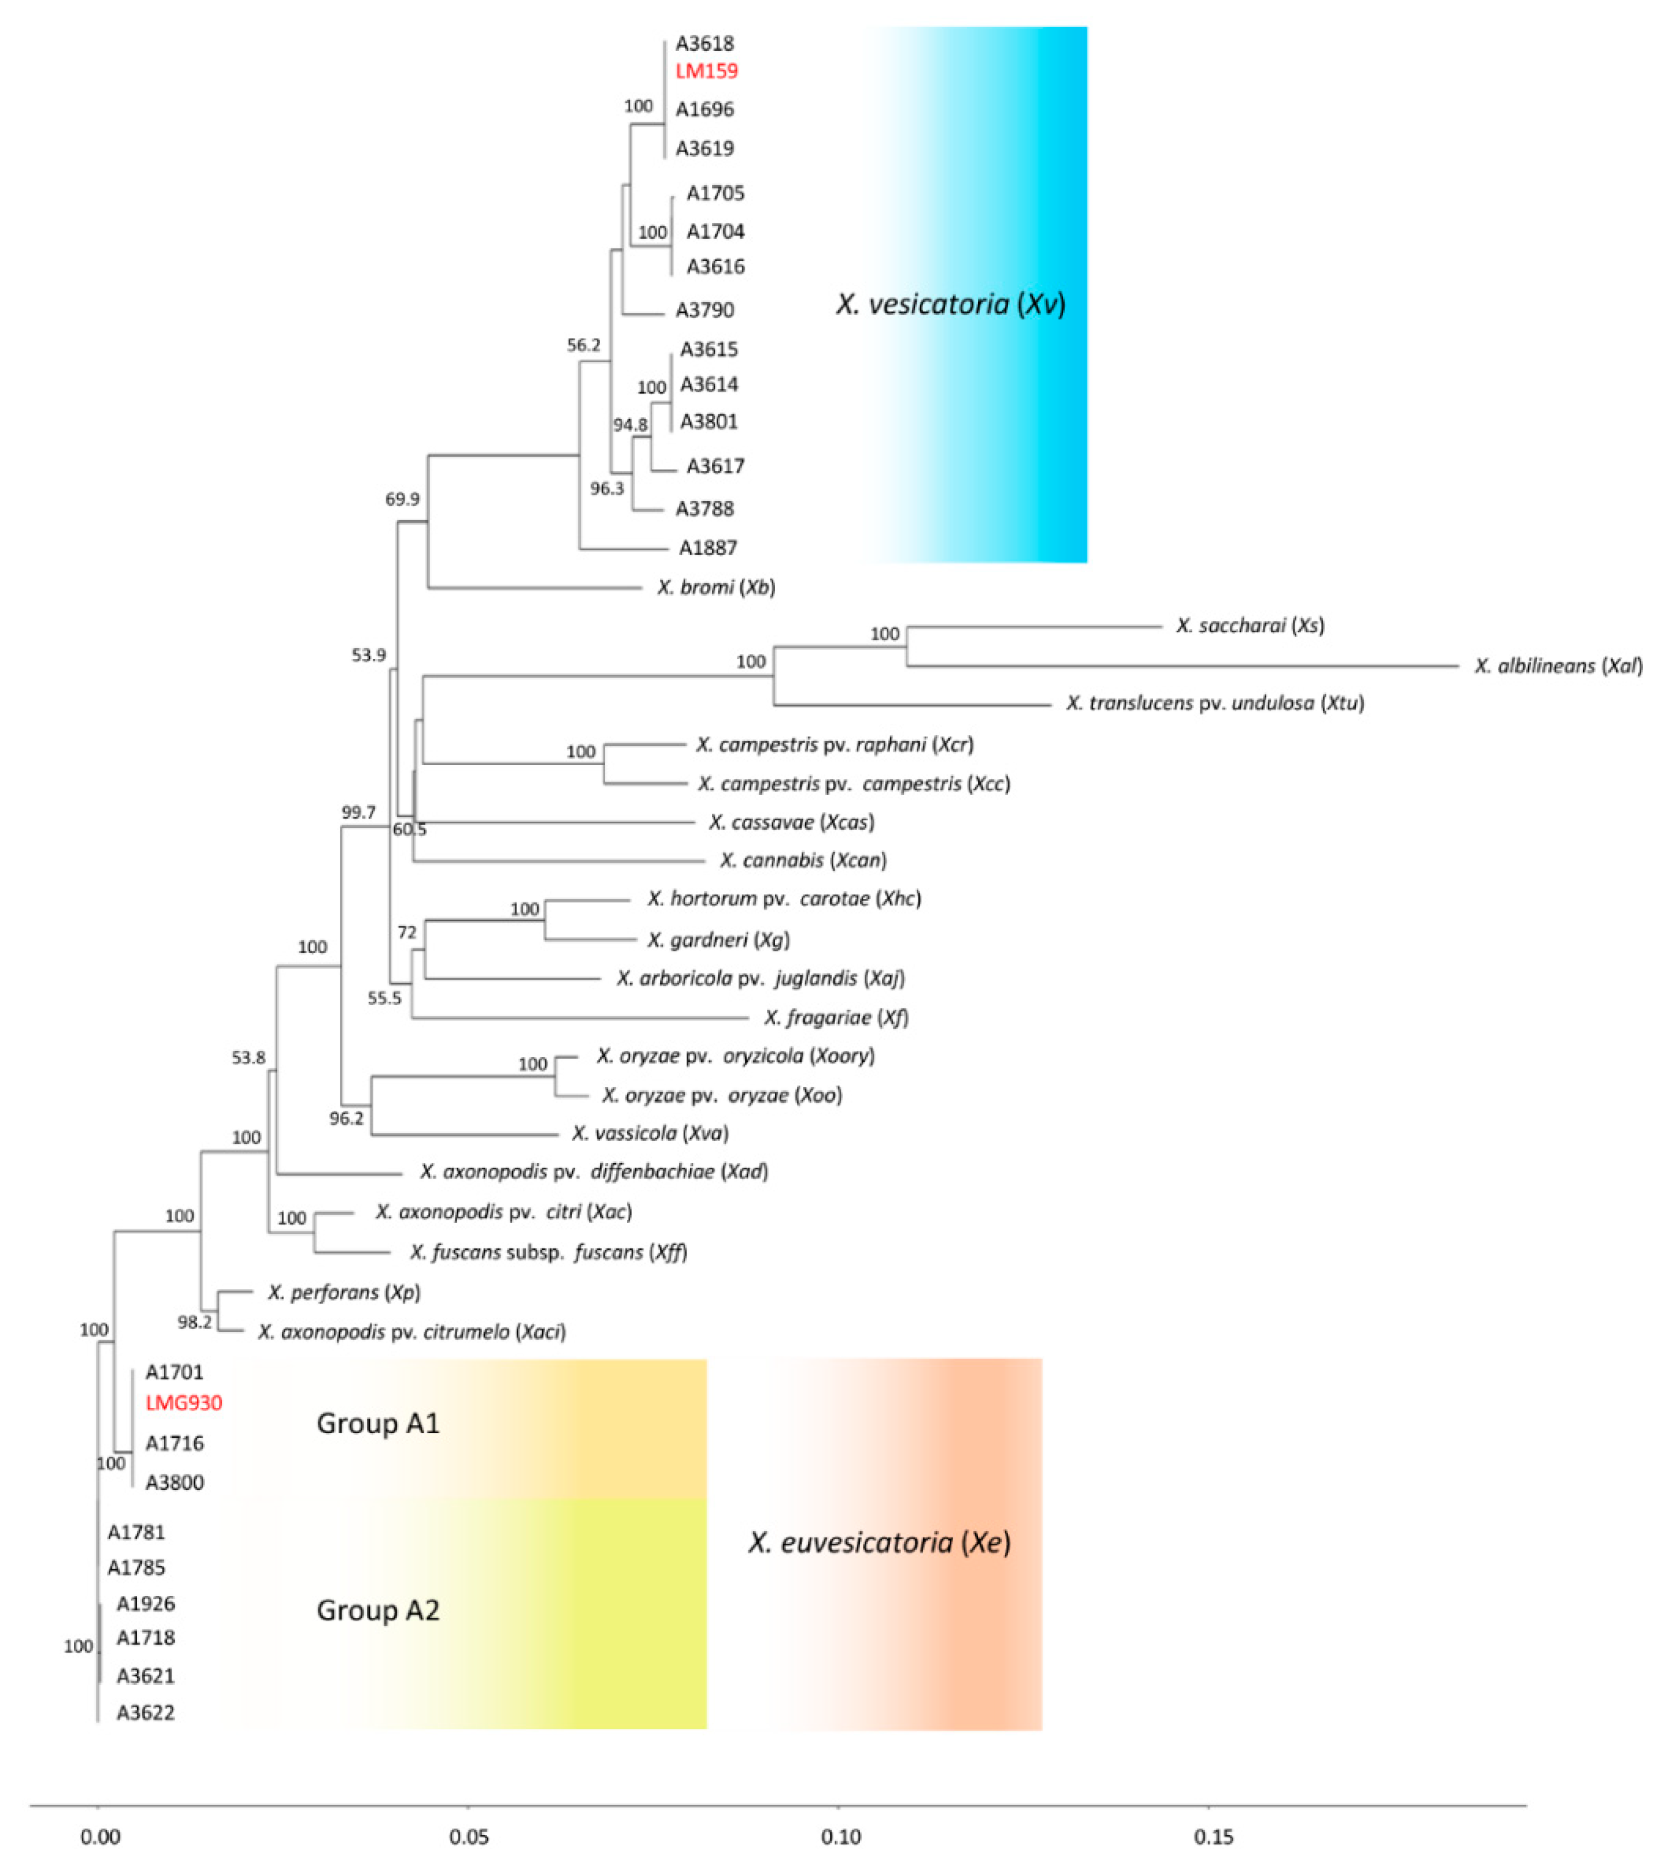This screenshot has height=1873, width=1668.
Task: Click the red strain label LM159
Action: tap(707, 71)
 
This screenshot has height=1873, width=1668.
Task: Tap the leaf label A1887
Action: tap(707, 548)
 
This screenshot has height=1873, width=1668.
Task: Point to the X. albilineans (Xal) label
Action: tap(1557, 666)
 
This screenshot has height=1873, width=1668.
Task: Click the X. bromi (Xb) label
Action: tap(716, 587)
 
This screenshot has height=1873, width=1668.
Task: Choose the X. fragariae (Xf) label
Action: tap(836, 1017)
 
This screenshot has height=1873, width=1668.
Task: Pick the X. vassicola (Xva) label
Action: tap(650, 1134)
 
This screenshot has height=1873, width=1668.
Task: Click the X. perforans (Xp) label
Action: tap(344, 1292)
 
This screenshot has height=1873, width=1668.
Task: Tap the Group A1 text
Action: tap(377, 1423)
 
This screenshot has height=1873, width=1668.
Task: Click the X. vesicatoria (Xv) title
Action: tap(950, 304)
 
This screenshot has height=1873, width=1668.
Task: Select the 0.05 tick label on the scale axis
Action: tap(468, 1837)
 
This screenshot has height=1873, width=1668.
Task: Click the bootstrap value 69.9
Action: tap(402, 499)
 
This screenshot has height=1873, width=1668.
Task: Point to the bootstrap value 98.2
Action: tap(194, 1322)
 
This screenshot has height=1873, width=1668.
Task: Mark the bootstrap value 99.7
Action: tap(358, 812)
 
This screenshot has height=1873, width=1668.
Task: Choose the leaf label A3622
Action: tap(145, 1713)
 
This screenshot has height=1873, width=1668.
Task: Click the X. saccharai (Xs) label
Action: tap(1250, 626)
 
